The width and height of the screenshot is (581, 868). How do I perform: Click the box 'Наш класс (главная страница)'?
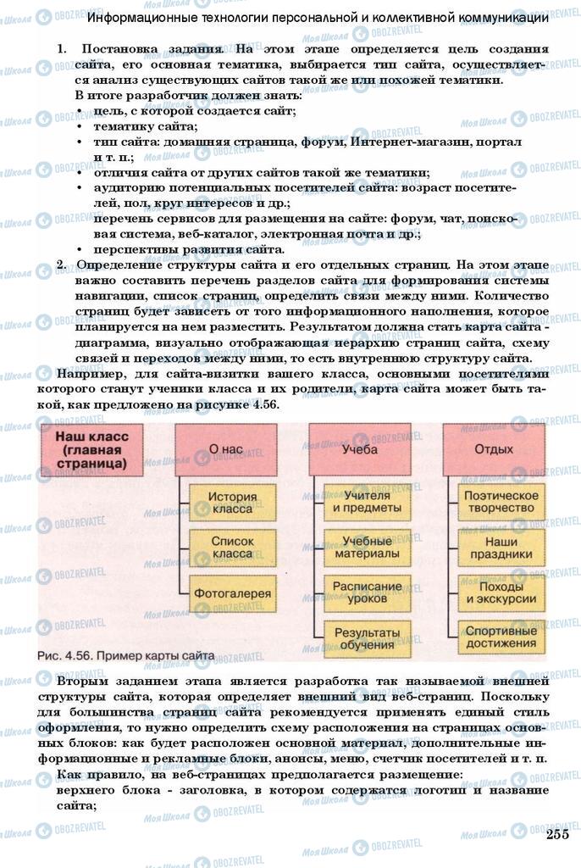point(91,450)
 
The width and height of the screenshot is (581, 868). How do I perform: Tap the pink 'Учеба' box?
point(360,449)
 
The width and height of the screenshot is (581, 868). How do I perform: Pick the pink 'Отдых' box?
point(493,449)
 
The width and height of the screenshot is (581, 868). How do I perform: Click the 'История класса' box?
point(231,502)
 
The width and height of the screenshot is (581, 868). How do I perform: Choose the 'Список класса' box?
point(231,547)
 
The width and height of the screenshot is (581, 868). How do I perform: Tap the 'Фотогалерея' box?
point(231,593)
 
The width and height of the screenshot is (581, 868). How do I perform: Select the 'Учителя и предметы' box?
point(366,502)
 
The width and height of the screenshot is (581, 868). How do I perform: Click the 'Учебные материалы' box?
point(366,547)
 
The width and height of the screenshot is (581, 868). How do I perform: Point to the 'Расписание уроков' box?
point(366,593)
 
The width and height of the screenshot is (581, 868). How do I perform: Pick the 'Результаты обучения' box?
point(366,638)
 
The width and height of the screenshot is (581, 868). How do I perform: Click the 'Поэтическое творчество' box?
point(501,502)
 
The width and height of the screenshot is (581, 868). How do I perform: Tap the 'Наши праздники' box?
point(501,547)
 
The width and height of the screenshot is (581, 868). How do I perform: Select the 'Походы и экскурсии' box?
point(501,593)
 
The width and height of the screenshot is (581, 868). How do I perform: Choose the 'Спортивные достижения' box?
point(501,638)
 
